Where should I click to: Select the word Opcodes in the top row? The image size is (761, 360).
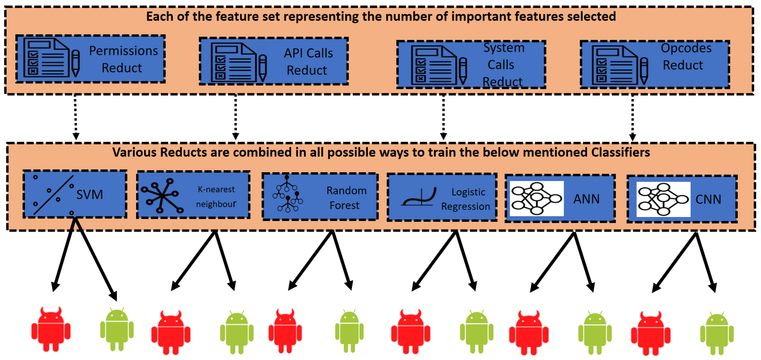point(686,48)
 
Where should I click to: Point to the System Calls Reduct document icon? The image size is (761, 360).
point(434,65)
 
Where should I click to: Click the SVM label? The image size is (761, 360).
point(90,195)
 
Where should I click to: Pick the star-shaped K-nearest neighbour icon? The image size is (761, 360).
point(162,196)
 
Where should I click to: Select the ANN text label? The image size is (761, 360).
point(586,199)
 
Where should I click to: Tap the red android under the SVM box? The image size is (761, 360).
point(51,329)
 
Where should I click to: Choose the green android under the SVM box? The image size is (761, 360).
point(117,329)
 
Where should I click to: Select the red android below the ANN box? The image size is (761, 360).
point(529,333)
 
